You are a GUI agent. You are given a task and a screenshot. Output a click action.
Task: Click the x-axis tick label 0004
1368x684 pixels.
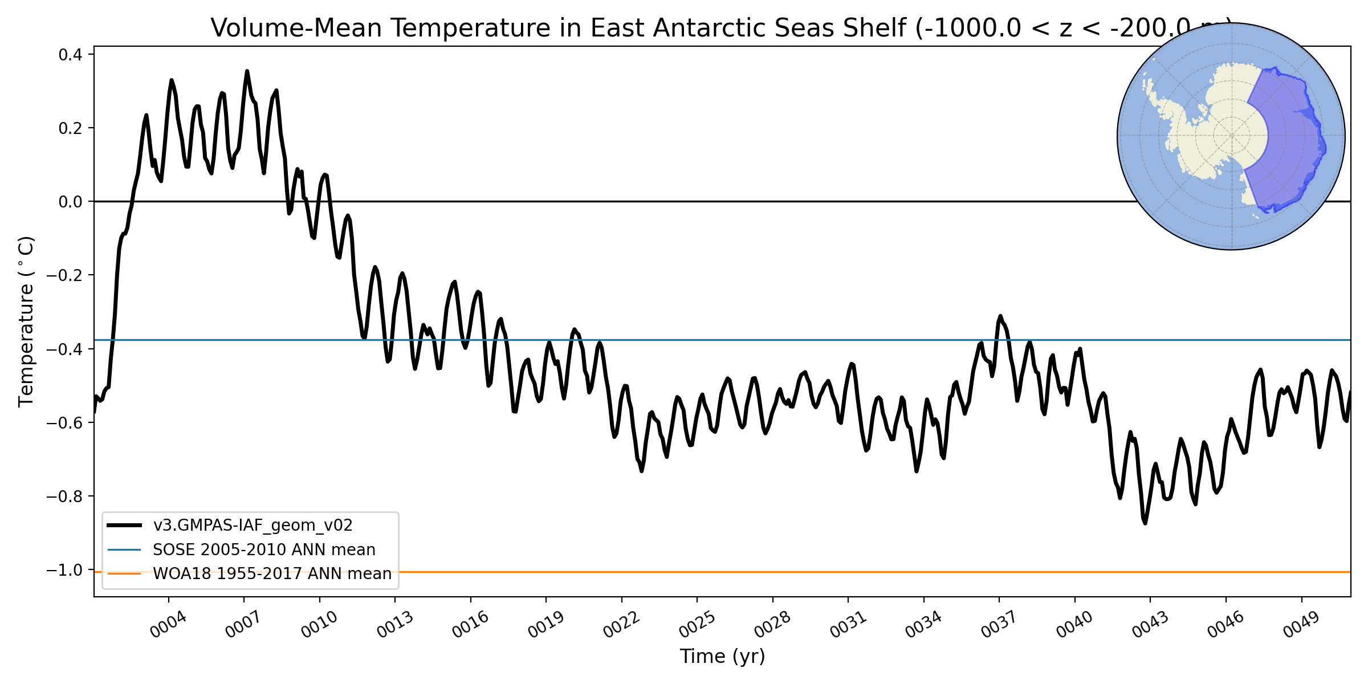pyautogui.click(x=168, y=625)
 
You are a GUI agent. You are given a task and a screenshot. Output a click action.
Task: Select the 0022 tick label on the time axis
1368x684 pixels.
pyautogui.click(x=621, y=625)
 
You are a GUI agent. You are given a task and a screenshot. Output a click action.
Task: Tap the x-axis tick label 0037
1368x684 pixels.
pyautogui.click(x=999, y=625)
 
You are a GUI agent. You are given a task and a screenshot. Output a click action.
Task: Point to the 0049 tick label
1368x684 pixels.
pyautogui.click(x=1301, y=625)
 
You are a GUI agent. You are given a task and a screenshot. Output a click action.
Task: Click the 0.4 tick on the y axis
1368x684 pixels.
pyautogui.click(x=71, y=55)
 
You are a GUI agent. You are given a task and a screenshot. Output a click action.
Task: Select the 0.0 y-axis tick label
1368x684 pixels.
pyautogui.click(x=71, y=202)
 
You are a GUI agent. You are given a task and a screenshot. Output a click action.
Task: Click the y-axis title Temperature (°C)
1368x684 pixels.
pyautogui.click(x=26, y=321)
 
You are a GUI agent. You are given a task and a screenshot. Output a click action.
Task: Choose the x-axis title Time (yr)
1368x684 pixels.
pyautogui.click(x=722, y=657)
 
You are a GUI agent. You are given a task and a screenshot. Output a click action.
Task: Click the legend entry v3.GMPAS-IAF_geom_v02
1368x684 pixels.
pyautogui.click(x=253, y=525)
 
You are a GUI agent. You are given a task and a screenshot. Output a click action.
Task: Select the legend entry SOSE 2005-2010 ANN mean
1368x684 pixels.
pyautogui.click(x=264, y=549)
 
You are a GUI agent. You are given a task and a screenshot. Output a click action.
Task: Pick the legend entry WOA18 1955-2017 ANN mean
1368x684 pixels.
pyautogui.click(x=272, y=573)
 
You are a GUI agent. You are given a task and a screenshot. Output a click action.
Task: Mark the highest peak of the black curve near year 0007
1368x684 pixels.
pyautogui.click(x=247, y=71)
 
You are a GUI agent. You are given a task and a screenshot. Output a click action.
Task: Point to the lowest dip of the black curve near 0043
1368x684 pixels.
pyautogui.click(x=1145, y=523)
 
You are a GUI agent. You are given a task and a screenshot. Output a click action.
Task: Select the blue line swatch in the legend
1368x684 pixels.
pyautogui.click(x=124, y=549)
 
